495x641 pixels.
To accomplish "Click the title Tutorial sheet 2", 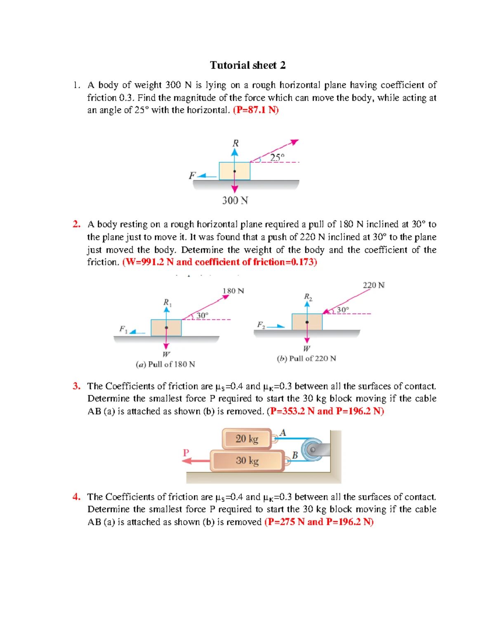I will point(247,65).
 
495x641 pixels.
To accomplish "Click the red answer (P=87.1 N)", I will point(256,110).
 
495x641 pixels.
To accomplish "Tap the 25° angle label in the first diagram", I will point(277,157).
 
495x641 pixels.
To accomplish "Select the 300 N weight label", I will point(235,201).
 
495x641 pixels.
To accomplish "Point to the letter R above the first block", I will point(235,143).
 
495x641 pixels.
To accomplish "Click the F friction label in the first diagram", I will point(192,175).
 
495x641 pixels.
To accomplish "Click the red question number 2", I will point(76,224).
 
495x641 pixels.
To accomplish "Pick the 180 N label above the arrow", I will point(233,291).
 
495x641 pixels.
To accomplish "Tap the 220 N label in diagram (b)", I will point(373,285).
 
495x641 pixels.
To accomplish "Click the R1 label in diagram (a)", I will point(167,302).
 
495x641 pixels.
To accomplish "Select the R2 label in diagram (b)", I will point(308,297).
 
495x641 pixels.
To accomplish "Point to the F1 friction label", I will point(123,329).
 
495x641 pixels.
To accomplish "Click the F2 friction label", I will point(261,325).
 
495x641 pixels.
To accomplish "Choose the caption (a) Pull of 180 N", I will point(165,364).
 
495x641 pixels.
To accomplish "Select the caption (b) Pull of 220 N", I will point(306,359).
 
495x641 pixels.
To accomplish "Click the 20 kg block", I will point(247,439).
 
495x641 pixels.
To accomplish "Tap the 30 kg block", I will point(247,461).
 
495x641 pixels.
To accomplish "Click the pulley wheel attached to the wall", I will point(312,449).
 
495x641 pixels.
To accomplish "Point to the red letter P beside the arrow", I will point(186,453).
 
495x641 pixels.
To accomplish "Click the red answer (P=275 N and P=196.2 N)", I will point(319,522).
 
